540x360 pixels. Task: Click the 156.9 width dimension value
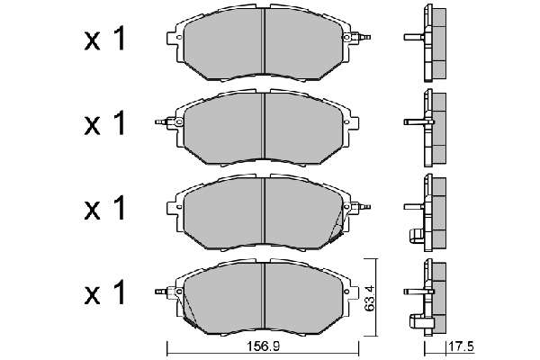coord(262,346)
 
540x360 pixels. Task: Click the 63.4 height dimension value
coord(370,297)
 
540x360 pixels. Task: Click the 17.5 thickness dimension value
coord(461,346)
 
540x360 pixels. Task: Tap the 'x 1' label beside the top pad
coord(104,40)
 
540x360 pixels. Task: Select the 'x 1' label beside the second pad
coord(104,123)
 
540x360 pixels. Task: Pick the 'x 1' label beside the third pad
coord(104,209)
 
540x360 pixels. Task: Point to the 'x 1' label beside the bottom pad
coord(104,292)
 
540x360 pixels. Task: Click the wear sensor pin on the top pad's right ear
coord(364,36)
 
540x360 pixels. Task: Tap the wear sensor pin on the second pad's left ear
coord(161,122)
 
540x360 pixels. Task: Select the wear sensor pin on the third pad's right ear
coord(364,207)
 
